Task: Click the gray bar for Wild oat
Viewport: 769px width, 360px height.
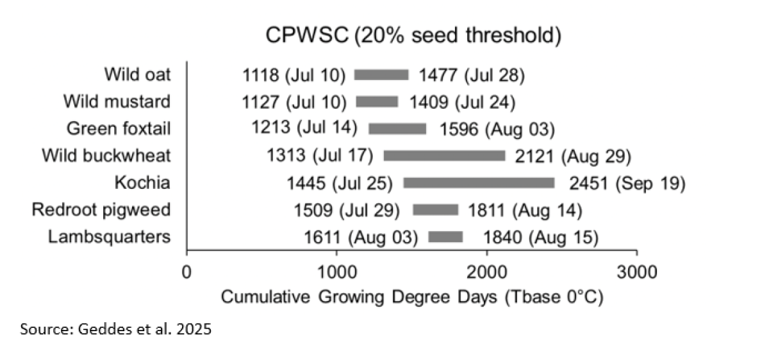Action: coord(381,75)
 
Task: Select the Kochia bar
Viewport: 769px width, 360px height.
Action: coord(479,183)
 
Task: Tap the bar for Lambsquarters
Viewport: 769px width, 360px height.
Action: coord(445,238)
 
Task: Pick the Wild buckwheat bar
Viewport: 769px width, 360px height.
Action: coord(444,156)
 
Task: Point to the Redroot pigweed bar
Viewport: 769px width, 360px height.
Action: coord(436,210)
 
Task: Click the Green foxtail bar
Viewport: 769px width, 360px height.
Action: coord(397,129)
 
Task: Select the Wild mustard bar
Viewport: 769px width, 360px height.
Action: coord(377,102)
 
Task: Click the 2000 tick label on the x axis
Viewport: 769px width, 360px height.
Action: coord(487,272)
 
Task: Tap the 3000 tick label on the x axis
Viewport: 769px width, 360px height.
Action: coord(636,272)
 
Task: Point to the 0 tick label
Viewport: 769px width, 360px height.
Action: coord(186,272)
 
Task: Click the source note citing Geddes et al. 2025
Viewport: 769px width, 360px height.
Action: coord(115,331)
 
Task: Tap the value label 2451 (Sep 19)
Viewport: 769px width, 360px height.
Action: coord(627,183)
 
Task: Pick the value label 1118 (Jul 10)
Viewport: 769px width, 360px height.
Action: coord(294,75)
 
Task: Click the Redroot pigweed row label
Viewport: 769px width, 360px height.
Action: coord(101,210)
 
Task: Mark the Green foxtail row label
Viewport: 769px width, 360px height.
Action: coord(119,129)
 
